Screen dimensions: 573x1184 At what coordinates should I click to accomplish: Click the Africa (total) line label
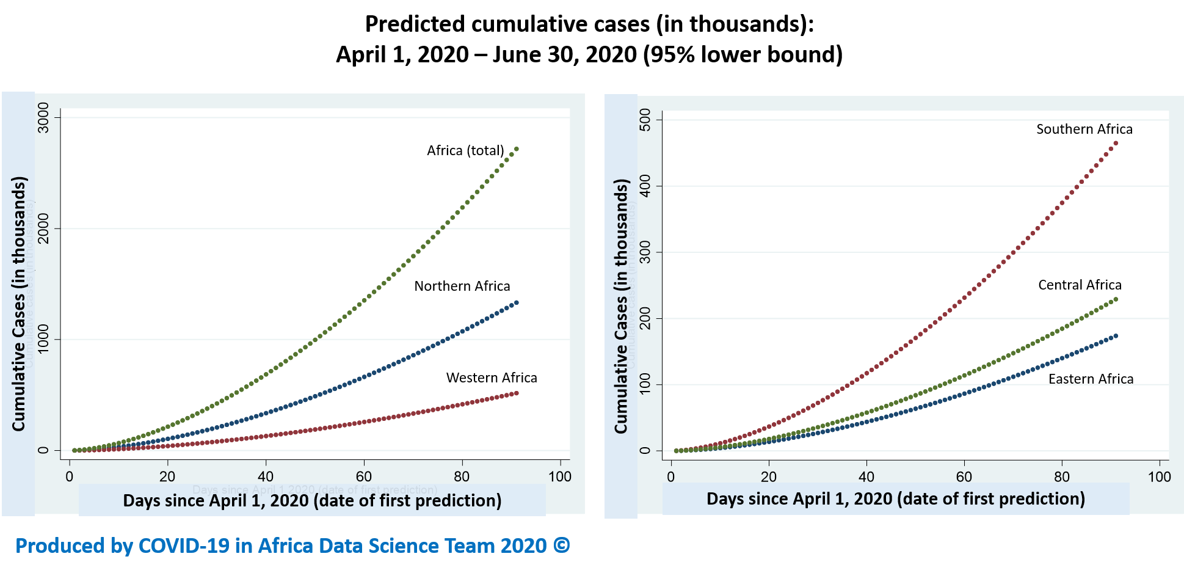tap(465, 151)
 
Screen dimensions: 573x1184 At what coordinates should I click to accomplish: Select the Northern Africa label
tap(462, 286)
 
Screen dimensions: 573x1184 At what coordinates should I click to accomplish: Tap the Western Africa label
tap(492, 378)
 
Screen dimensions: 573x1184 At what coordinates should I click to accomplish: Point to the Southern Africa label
tap(1084, 130)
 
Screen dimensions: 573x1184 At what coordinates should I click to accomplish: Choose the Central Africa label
tap(1080, 285)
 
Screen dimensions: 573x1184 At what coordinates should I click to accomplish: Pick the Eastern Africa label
tap(1091, 379)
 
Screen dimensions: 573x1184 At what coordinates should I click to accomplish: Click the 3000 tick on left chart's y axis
tap(43, 117)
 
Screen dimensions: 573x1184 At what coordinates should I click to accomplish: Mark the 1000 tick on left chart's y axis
tap(43, 339)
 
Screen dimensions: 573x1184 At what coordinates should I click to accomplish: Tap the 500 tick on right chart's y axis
tap(645, 120)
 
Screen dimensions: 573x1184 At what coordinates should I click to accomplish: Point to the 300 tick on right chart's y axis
tap(645, 252)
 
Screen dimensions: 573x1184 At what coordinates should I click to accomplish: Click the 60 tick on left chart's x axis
tap(363, 477)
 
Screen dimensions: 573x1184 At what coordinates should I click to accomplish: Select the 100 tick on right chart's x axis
tap(1159, 477)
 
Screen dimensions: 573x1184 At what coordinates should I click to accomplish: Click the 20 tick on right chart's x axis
tap(768, 477)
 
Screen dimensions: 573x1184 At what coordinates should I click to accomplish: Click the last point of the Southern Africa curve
tap(1116, 144)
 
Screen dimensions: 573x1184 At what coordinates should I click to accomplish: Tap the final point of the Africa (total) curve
tap(517, 148)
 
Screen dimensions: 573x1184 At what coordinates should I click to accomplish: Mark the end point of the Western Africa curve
tap(517, 393)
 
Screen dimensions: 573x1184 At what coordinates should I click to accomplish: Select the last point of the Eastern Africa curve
tap(1116, 335)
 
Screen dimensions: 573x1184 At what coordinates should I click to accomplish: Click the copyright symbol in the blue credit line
tap(562, 546)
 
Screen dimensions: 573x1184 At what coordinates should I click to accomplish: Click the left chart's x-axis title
tap(312, 501)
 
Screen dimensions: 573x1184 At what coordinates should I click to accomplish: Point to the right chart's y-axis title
tap(621, 305)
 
